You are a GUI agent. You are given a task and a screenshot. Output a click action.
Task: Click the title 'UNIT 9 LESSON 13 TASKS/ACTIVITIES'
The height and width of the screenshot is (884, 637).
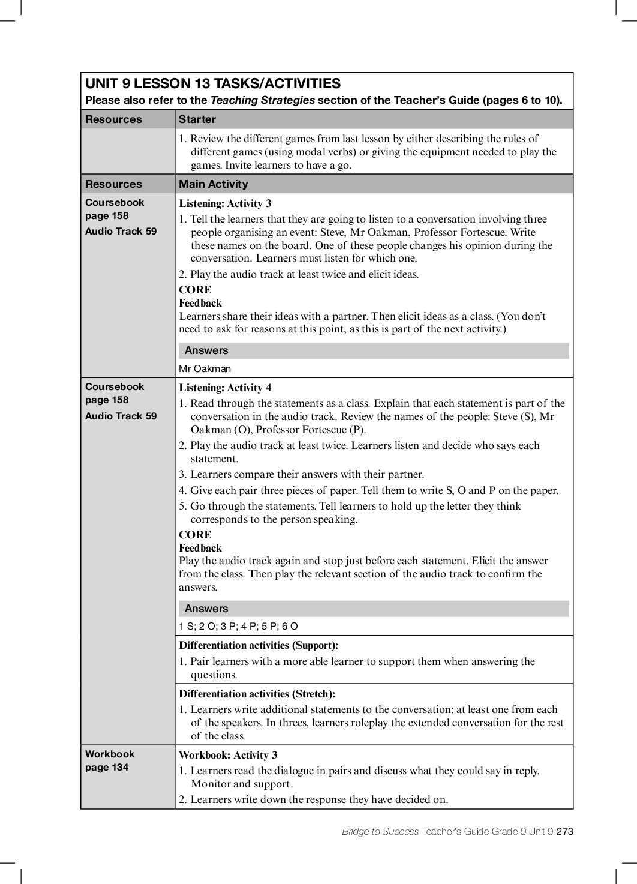(213, 83)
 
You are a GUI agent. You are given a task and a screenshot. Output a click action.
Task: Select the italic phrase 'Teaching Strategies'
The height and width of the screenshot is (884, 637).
(263, 100)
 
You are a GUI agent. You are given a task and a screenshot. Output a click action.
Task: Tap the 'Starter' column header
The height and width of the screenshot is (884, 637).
(197, 119)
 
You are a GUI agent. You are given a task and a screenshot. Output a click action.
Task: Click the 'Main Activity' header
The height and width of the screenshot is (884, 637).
(213, 184)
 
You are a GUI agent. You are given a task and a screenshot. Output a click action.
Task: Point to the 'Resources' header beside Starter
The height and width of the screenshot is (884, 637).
(113, 119)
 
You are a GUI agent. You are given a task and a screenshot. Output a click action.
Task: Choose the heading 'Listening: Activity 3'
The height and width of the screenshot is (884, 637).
(225, 203)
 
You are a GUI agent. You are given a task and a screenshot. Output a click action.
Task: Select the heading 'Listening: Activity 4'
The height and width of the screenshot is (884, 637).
(225, 388)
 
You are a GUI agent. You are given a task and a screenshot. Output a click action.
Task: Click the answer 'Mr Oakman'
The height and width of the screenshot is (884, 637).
(205, 368)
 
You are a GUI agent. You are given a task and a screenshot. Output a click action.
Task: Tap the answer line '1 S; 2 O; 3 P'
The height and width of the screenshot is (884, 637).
(238, 626)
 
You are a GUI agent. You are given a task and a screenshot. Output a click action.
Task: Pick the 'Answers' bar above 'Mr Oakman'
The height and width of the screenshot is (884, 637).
(206, 350)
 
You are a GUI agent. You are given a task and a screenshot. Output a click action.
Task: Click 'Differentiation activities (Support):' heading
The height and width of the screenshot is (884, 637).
(259, 646)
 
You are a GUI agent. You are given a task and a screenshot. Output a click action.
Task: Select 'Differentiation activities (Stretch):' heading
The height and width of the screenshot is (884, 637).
(257, 694)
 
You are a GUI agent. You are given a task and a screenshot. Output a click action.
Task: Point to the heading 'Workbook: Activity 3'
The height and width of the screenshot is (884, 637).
(228, 755)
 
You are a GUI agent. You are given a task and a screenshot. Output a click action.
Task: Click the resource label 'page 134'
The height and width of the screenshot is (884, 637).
(107, 767)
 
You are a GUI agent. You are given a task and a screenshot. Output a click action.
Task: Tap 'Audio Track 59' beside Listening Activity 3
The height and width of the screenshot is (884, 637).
(121, 231)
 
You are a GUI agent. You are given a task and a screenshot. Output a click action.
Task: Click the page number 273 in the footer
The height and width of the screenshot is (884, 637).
(565, 831)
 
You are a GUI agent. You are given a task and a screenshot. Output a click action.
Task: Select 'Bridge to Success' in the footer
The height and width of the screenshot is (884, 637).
(380, 831)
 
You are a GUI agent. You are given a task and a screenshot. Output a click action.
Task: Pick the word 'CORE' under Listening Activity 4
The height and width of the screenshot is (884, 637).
(195, 535)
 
